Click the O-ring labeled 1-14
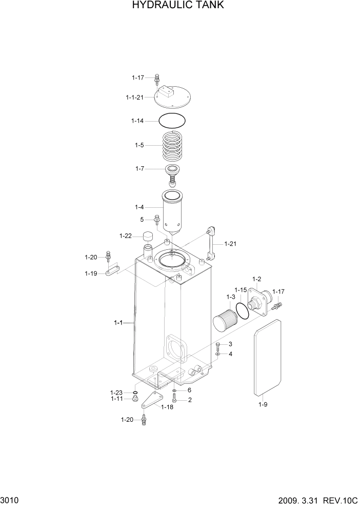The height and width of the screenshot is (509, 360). (x=172, y=121)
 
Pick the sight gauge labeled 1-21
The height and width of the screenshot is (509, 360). (x=211, y=244)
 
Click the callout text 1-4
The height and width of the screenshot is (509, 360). (x=139, y=207)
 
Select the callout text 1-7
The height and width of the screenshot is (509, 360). (x=140, y=169)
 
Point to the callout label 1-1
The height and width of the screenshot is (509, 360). (x=118, y=323)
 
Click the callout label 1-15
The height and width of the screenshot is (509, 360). (x=241, y=290)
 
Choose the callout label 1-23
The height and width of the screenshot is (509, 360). (x=117, y=392)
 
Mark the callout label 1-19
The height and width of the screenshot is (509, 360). (x=91, y=273)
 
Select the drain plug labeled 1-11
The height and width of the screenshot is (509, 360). (x=135, y=399)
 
